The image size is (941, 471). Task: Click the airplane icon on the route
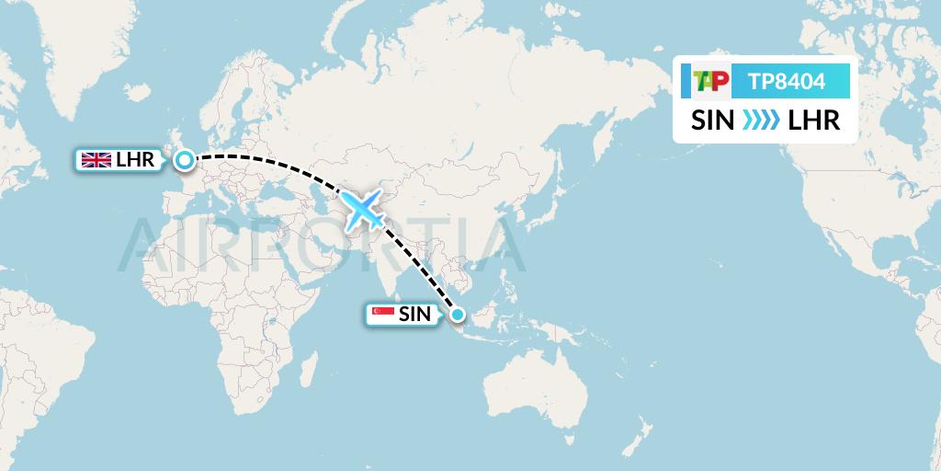(365, 210)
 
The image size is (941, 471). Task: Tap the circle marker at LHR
(185, 161)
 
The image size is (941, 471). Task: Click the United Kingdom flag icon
(96, 160)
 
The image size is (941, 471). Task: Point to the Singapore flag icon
(382, 315)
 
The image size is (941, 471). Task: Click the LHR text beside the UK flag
(134, 160)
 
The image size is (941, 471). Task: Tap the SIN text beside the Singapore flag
(414, 315)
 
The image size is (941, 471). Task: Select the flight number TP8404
(787, 82)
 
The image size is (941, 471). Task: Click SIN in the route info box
(713, 121)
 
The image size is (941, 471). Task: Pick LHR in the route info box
(814, 121)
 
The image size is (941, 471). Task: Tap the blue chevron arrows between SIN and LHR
(761, 121)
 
